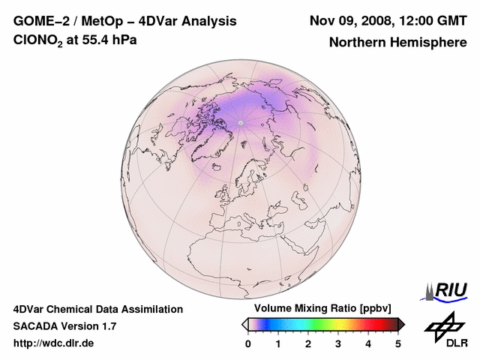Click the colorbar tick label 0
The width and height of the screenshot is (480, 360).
[x=248, y=343]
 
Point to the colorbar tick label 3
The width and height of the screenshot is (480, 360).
[x=338, y=343]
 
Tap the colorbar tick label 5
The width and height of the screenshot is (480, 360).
[x=398, y=343]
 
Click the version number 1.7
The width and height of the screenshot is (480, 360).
[x=106, y=326]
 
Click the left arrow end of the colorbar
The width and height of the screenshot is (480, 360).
[x=244, y=324]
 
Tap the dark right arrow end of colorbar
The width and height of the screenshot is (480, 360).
[x=401, y=324]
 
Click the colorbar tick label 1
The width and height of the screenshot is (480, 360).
[x=278, y=343]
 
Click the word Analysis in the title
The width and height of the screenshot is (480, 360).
[x=206, y=21]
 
